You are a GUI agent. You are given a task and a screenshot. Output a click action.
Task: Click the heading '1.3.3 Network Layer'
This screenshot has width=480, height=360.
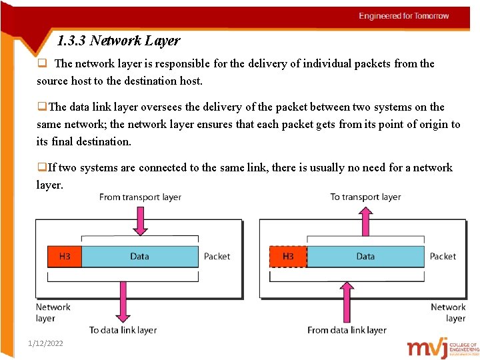[119, 41]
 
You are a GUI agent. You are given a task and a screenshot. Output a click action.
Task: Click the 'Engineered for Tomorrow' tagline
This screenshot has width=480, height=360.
[404, 16]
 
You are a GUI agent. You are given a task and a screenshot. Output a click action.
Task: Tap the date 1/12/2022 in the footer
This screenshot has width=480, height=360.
[45, 343]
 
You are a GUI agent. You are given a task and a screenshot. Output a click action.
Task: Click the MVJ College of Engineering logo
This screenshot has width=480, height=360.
[443, 347]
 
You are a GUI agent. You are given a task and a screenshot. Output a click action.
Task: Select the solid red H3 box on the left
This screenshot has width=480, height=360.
[65, 257]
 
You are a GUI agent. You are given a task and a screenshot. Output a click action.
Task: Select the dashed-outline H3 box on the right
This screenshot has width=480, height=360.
[288, 257]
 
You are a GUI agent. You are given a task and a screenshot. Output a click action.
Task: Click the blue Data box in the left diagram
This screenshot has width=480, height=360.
[139, 257]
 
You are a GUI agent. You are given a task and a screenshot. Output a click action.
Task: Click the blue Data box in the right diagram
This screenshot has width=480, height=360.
[365, 257]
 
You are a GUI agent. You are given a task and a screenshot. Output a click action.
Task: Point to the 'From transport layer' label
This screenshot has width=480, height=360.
[140, 197]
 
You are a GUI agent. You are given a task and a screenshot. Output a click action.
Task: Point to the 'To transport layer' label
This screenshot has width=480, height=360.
[365, 197]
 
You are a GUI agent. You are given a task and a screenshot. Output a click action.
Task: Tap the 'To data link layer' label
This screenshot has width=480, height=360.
[123, 330]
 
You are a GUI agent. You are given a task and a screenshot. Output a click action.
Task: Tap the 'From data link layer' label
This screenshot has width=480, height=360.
[347, 330]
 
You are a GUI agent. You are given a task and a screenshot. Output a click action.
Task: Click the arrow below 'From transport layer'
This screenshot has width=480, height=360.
[140, 220]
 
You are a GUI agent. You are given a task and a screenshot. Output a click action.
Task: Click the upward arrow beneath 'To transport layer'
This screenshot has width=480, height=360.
[365, 220]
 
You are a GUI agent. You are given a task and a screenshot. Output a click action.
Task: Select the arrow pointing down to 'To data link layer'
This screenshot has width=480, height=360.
[123, 300]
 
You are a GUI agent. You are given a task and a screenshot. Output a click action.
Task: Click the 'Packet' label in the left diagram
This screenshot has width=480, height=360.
[217, 257]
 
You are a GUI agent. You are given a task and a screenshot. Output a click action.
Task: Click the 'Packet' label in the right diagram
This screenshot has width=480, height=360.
[443, 257]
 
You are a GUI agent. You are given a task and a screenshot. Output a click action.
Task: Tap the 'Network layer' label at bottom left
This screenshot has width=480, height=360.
[53, 313]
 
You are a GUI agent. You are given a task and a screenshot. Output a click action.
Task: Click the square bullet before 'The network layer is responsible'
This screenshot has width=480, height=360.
[41, 64]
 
